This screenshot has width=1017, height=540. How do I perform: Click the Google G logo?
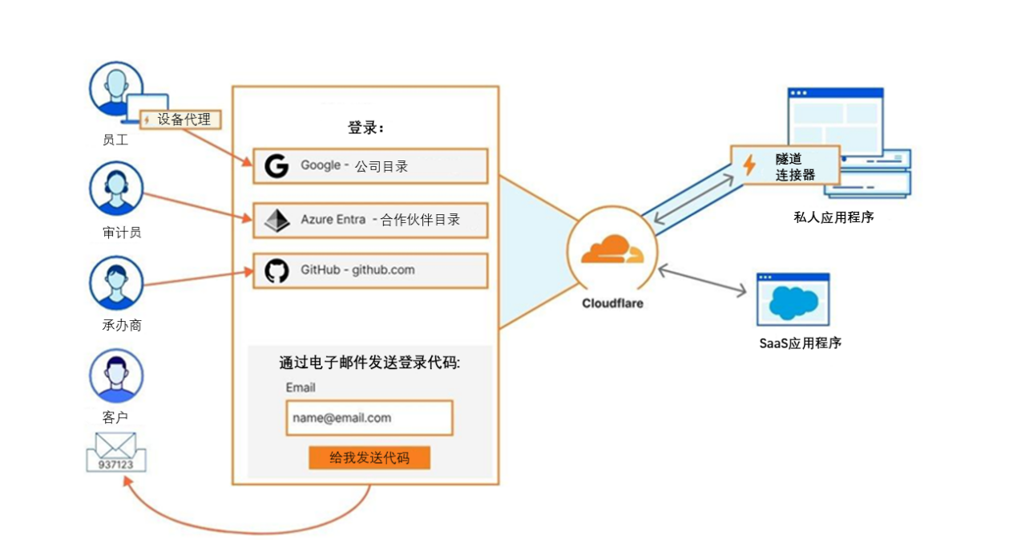point(276,166)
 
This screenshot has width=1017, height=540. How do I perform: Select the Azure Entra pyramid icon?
point(276,220)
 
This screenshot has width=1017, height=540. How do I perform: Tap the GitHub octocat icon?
point(276,271)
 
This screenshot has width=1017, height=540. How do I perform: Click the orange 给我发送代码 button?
point(369,457)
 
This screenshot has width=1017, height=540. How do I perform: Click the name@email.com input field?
point(369,417)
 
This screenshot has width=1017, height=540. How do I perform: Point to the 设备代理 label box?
point(180,120)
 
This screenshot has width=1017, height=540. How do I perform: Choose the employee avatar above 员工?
point(116,89)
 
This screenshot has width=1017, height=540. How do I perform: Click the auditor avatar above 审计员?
point(116,189)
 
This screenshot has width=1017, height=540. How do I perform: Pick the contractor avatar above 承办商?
point(116,282)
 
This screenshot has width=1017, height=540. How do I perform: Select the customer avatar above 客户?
point(116,376)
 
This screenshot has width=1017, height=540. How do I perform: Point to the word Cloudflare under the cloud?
point(612,303)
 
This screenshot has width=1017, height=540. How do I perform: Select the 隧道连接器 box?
point(785,165)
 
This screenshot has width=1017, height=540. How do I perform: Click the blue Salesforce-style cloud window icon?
point(793,299)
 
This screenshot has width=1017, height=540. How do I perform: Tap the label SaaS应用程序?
point(800,343)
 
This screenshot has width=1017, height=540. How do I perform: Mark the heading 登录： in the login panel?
point(366,128)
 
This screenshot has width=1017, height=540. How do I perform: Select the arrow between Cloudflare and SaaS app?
point(703,282)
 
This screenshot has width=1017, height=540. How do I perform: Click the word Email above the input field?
point(301,388)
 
